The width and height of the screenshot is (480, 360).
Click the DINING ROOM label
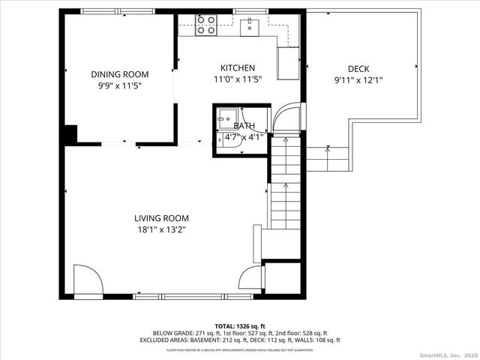[120, 74]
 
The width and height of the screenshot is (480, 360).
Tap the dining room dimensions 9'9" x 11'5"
[120, 85]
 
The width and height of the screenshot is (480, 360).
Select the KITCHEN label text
[237, 67]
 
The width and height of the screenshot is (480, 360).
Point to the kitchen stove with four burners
[205, 25]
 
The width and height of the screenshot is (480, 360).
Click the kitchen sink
[250, 27]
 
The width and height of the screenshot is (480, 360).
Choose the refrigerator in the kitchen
[288, 62]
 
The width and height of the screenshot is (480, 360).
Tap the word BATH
[244, 126]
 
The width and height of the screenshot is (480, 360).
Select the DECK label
[358, 69]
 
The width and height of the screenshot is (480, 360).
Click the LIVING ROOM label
[160, 218]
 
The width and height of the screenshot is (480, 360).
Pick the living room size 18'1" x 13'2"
[160, 229]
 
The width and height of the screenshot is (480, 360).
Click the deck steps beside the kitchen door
[327, 157]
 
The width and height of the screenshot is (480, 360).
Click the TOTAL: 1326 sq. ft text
[240, 326]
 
